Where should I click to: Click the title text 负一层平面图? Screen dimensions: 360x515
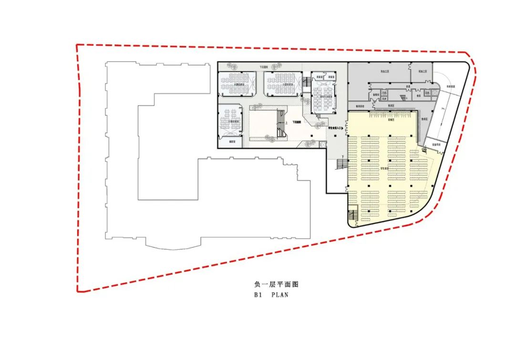tap(276, 284)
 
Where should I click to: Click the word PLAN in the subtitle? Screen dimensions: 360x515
tap(280, 295)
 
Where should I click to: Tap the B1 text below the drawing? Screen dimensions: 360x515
tap(258, 295)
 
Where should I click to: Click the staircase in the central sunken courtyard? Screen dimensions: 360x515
tap(281, 124)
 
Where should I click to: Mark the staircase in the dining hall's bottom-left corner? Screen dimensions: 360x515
tap(353, 216)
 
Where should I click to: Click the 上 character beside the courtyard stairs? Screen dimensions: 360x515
tap(286, 123)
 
